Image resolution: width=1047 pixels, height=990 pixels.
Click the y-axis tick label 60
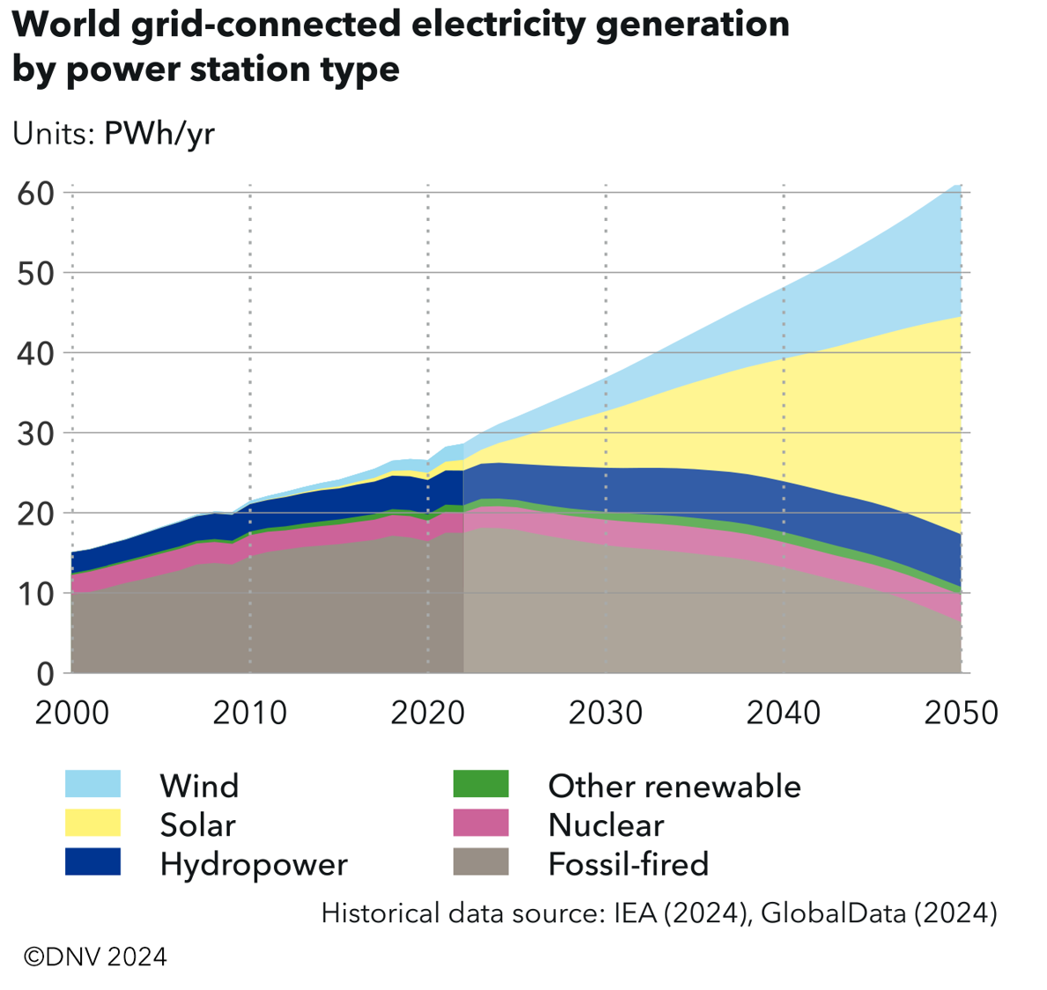pos(35,193)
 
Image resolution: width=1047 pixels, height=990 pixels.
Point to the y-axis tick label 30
pos(35,433)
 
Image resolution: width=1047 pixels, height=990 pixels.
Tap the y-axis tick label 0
pos(45,673)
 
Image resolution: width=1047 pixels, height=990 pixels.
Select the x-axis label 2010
pos(250,712)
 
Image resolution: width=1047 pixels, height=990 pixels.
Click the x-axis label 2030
pos(606,712)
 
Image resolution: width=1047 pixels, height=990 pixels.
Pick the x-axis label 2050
pos(962,712)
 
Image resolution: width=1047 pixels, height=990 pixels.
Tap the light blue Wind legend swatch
pos(92,784)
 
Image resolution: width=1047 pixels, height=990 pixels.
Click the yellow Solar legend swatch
pos(92,824)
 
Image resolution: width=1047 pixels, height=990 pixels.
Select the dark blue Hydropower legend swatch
pos(92,862)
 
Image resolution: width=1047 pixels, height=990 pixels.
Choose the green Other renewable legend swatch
pos(481,784)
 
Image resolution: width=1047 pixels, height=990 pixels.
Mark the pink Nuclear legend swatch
pos(481,824)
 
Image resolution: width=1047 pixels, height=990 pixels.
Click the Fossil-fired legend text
pos(628,863)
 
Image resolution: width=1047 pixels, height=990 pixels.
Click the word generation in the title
pos(692,24)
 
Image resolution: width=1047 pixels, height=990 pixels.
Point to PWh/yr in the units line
pos(159,133)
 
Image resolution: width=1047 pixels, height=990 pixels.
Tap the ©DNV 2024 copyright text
pos(95,957)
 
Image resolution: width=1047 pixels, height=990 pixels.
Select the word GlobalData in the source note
pos(833,913)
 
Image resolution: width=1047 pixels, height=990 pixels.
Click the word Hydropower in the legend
pos(254,864)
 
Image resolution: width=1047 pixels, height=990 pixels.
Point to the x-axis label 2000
pos(72,712)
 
